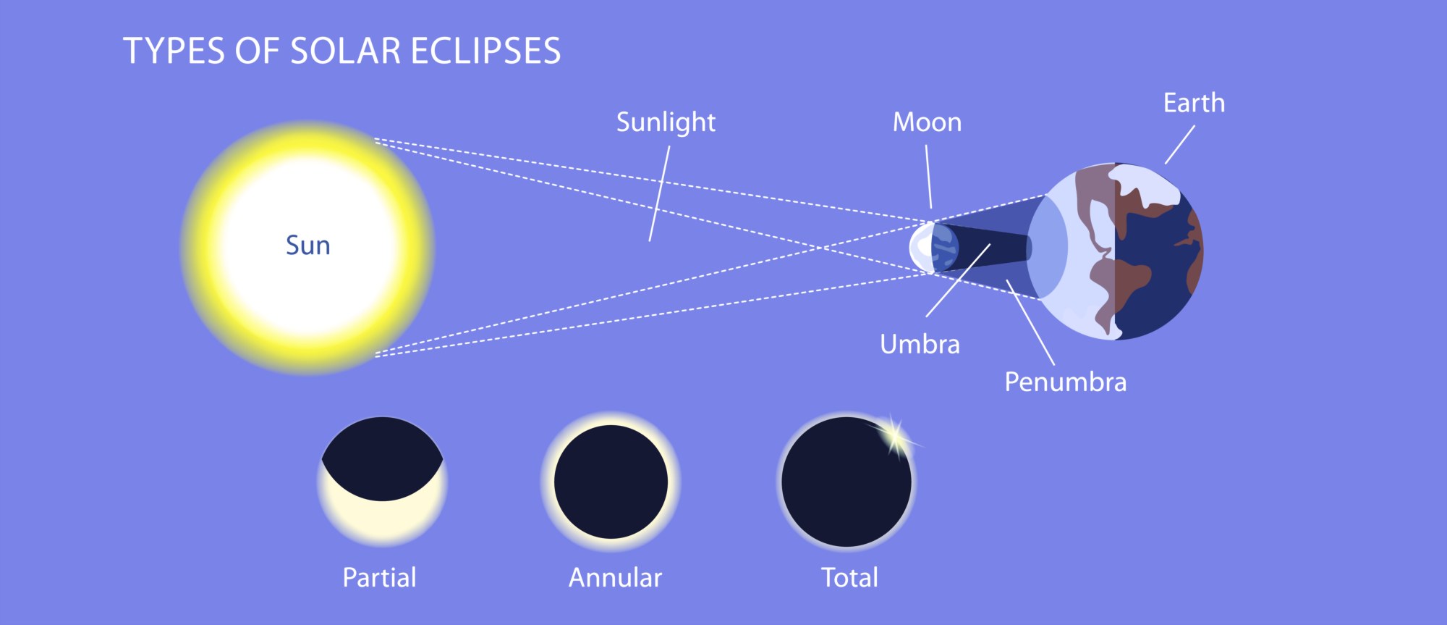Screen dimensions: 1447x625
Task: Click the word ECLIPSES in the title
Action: point(485,51)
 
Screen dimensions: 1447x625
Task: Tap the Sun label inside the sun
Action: point(308,246)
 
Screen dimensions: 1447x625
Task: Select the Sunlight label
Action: point(666,122)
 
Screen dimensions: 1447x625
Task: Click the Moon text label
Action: point(927,122)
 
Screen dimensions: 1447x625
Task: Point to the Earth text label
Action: point(1194,103)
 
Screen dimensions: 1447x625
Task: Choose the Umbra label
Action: point(920,344)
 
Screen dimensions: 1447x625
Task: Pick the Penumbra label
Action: point(1065,382)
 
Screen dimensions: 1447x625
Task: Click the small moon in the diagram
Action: point(933,248)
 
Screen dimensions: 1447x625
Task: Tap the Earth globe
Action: point(1115,251)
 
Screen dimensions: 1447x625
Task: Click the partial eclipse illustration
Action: point(382,482)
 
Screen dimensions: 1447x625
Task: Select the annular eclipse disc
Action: point(611,482)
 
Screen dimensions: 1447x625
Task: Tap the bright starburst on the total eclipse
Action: point(895,437)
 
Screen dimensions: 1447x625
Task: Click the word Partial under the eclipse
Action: point(379,578)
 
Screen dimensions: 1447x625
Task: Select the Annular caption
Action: point(615,578)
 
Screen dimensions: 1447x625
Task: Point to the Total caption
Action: point(849,578)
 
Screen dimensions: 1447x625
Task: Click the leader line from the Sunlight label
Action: point(659,193)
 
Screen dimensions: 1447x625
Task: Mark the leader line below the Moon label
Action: point(929,177)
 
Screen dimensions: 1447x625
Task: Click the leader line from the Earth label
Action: point(1179,145)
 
